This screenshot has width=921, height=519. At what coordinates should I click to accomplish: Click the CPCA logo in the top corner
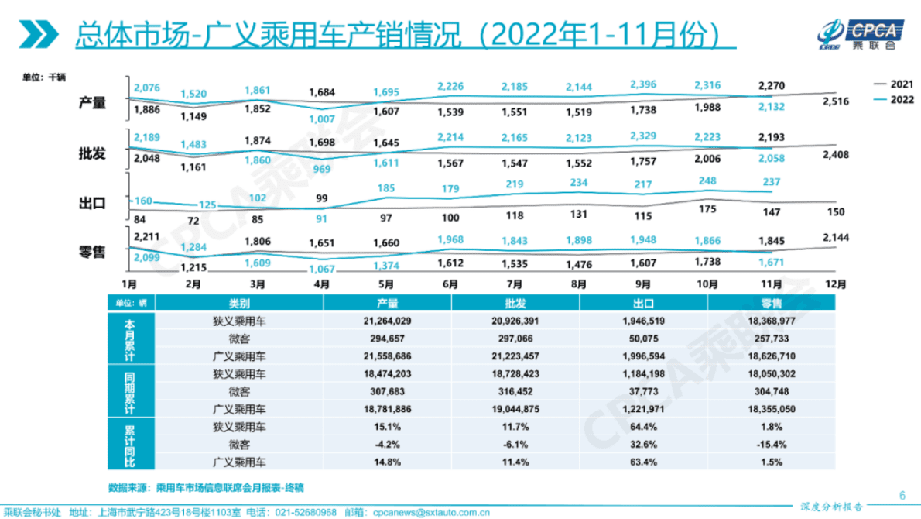click(860, 33)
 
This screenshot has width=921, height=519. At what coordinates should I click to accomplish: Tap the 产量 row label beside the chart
click(93, 103)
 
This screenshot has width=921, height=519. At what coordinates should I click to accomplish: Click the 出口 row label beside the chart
click(93, 204)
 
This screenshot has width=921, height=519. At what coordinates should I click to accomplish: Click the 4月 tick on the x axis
click(322, 284)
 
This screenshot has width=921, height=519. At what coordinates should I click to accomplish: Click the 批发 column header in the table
click(514, 304)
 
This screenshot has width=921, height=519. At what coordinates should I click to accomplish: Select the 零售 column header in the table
click(772, 304)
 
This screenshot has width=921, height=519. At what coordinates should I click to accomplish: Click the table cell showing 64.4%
click(643, 425)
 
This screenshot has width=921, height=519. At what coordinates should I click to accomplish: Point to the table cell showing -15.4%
click(772, 444)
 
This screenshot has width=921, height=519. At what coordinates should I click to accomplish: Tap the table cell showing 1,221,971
click(643, 408)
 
